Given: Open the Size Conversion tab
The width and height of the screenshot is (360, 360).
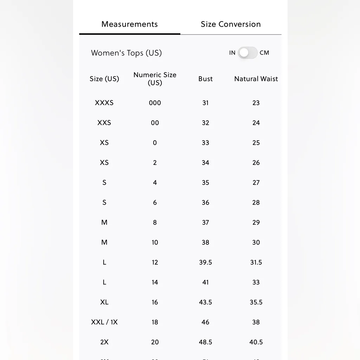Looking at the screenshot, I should coord(231,24).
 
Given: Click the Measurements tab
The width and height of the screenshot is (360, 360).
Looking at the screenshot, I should coord(129,24).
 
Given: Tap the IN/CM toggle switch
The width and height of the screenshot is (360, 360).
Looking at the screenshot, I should coord(247,53).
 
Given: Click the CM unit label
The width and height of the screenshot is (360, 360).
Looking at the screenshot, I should coord(264,53).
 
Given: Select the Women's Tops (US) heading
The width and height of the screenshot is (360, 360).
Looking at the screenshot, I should coord(126,53).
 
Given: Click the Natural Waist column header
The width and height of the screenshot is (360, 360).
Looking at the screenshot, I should coord(256,79).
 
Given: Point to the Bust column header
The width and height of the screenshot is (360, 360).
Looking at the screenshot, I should coord(205,79).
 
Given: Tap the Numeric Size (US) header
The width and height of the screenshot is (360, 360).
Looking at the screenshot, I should coord(155,79).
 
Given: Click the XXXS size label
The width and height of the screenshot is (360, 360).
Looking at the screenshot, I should coord(104,103).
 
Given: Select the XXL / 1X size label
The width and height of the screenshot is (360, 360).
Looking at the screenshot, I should coord(104,322).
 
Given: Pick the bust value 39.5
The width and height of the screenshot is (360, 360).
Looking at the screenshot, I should coord(205,262).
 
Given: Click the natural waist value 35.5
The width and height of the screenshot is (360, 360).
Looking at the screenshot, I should coord(256,302).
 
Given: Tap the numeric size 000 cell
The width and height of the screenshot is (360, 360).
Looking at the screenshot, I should coord(155,103).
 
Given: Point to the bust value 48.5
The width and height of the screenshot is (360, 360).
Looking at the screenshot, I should coord(205,342).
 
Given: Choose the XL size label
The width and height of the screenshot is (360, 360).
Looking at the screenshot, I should coord(104,302).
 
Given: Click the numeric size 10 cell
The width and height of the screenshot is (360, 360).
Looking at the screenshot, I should coord(155,242).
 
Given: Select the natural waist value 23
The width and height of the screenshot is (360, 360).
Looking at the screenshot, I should coord(256,103).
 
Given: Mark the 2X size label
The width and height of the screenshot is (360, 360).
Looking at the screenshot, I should coord(104,342).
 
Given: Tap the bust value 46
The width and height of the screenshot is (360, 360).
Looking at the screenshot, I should coord(205,322).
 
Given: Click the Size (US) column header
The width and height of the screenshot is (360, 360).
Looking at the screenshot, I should coord(104,79).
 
